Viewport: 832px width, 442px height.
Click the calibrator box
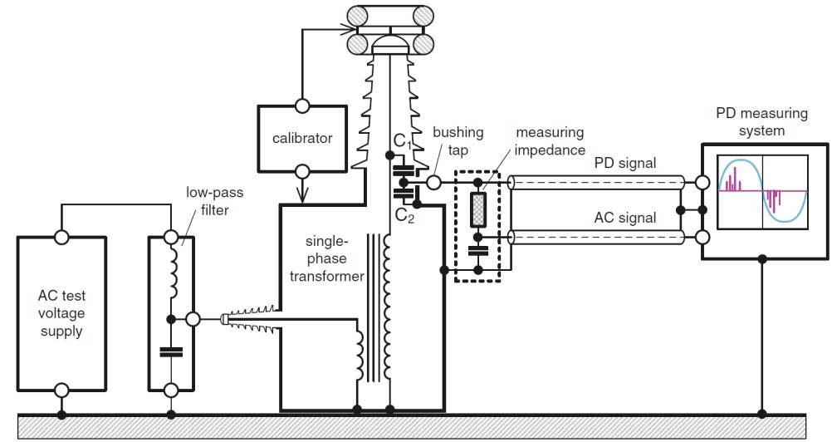tap(302, 138)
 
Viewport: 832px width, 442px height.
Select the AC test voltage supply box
tap(61, 313)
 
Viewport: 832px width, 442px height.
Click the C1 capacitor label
tap(403, 141)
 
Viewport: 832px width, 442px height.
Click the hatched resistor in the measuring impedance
tap(477, 209)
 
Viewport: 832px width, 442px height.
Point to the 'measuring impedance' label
tap(549, 140)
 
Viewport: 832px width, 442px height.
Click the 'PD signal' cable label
tap(625, 163)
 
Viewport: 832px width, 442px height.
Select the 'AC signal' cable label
tap(625, 219)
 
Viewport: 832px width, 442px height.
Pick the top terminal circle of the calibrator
tap(302, 106)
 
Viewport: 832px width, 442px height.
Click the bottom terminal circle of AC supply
tap(61, 390)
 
